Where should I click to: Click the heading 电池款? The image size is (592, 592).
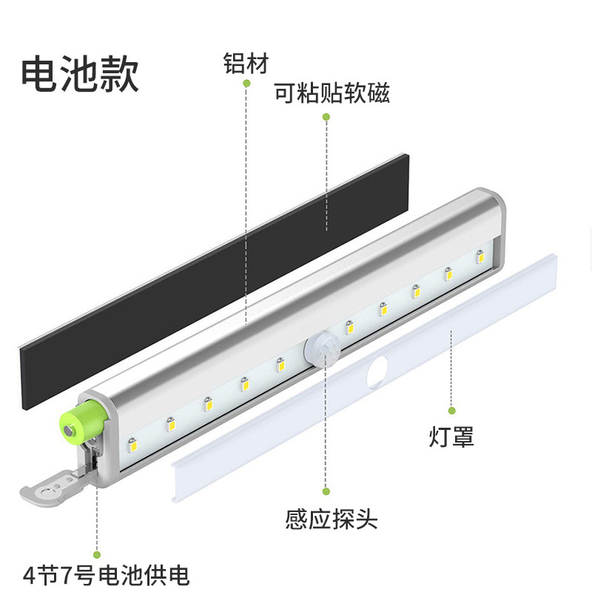point(80,75)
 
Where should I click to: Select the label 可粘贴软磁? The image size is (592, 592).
point(332,94)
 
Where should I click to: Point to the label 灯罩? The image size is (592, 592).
point(451,436)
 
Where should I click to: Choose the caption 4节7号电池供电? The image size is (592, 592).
point(106,574)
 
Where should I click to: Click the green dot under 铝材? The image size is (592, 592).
point(246,83)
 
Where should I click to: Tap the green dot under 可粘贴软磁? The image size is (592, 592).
point(326,116)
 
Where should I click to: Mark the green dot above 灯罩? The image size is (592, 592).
point(451,410)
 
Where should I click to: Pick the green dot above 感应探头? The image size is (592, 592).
point(326,490)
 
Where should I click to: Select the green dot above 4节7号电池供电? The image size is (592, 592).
point(95,552)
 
